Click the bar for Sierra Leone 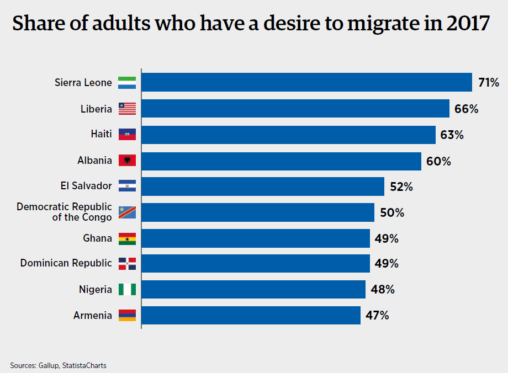(307, 83)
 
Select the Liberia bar (296, 109)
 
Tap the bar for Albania (282, 161)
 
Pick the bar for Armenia (251, 316)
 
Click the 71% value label (489, 83)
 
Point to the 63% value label (452, 135)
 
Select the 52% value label (401, 186)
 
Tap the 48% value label (382, 289)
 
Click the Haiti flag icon (127, 135)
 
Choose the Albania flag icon (127, 161)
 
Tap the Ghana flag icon (127, 238)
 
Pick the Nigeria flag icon (127, 289)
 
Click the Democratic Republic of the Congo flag (127, 212)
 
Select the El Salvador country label (86, 186)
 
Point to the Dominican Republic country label (66, 263)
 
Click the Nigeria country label (96, 289)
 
